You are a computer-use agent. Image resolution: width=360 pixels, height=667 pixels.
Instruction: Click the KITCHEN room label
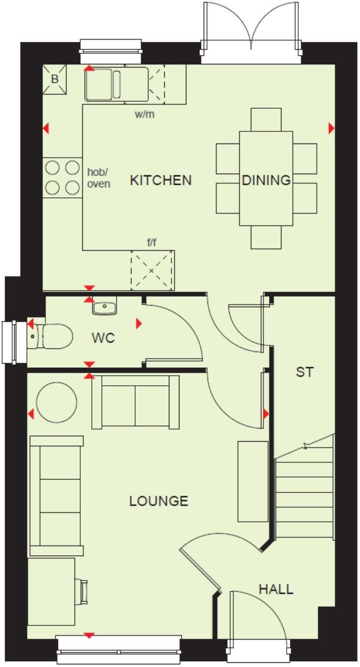[160, 180]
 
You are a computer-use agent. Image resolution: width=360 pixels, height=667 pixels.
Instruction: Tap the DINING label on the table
[266, 180]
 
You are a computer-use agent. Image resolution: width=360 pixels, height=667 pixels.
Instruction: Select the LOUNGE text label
[158, 501]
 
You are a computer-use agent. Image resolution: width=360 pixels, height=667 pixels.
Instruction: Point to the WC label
[103, 338]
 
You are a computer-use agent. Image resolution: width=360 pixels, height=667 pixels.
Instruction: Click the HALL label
[276, 589]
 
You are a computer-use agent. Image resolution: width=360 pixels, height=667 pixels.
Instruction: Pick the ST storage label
[304, 372]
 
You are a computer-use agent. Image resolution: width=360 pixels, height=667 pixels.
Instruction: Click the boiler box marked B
[54, 80]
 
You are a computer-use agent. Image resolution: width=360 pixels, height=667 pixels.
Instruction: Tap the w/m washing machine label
[145, 114]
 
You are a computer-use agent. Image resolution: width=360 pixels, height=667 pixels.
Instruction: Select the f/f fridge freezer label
[151, 243]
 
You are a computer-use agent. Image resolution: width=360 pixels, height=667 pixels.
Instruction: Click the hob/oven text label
[99, 177]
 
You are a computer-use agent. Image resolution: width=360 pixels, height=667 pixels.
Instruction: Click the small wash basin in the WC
[105, 306]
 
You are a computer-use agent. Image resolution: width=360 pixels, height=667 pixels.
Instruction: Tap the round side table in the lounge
[56, 402]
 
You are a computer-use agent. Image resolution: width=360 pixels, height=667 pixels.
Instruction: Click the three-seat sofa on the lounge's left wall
[56, 496]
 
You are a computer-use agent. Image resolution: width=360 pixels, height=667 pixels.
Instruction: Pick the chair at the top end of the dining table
[266, 119]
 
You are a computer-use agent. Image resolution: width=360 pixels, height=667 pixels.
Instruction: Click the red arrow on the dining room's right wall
[331, 128]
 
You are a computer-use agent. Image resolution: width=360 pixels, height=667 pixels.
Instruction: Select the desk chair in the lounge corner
[82, 590]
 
